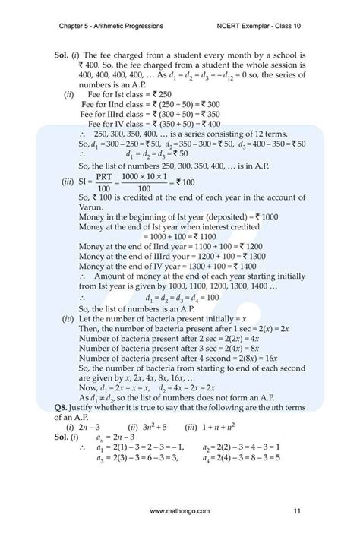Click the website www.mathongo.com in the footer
(x=180, y=513)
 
